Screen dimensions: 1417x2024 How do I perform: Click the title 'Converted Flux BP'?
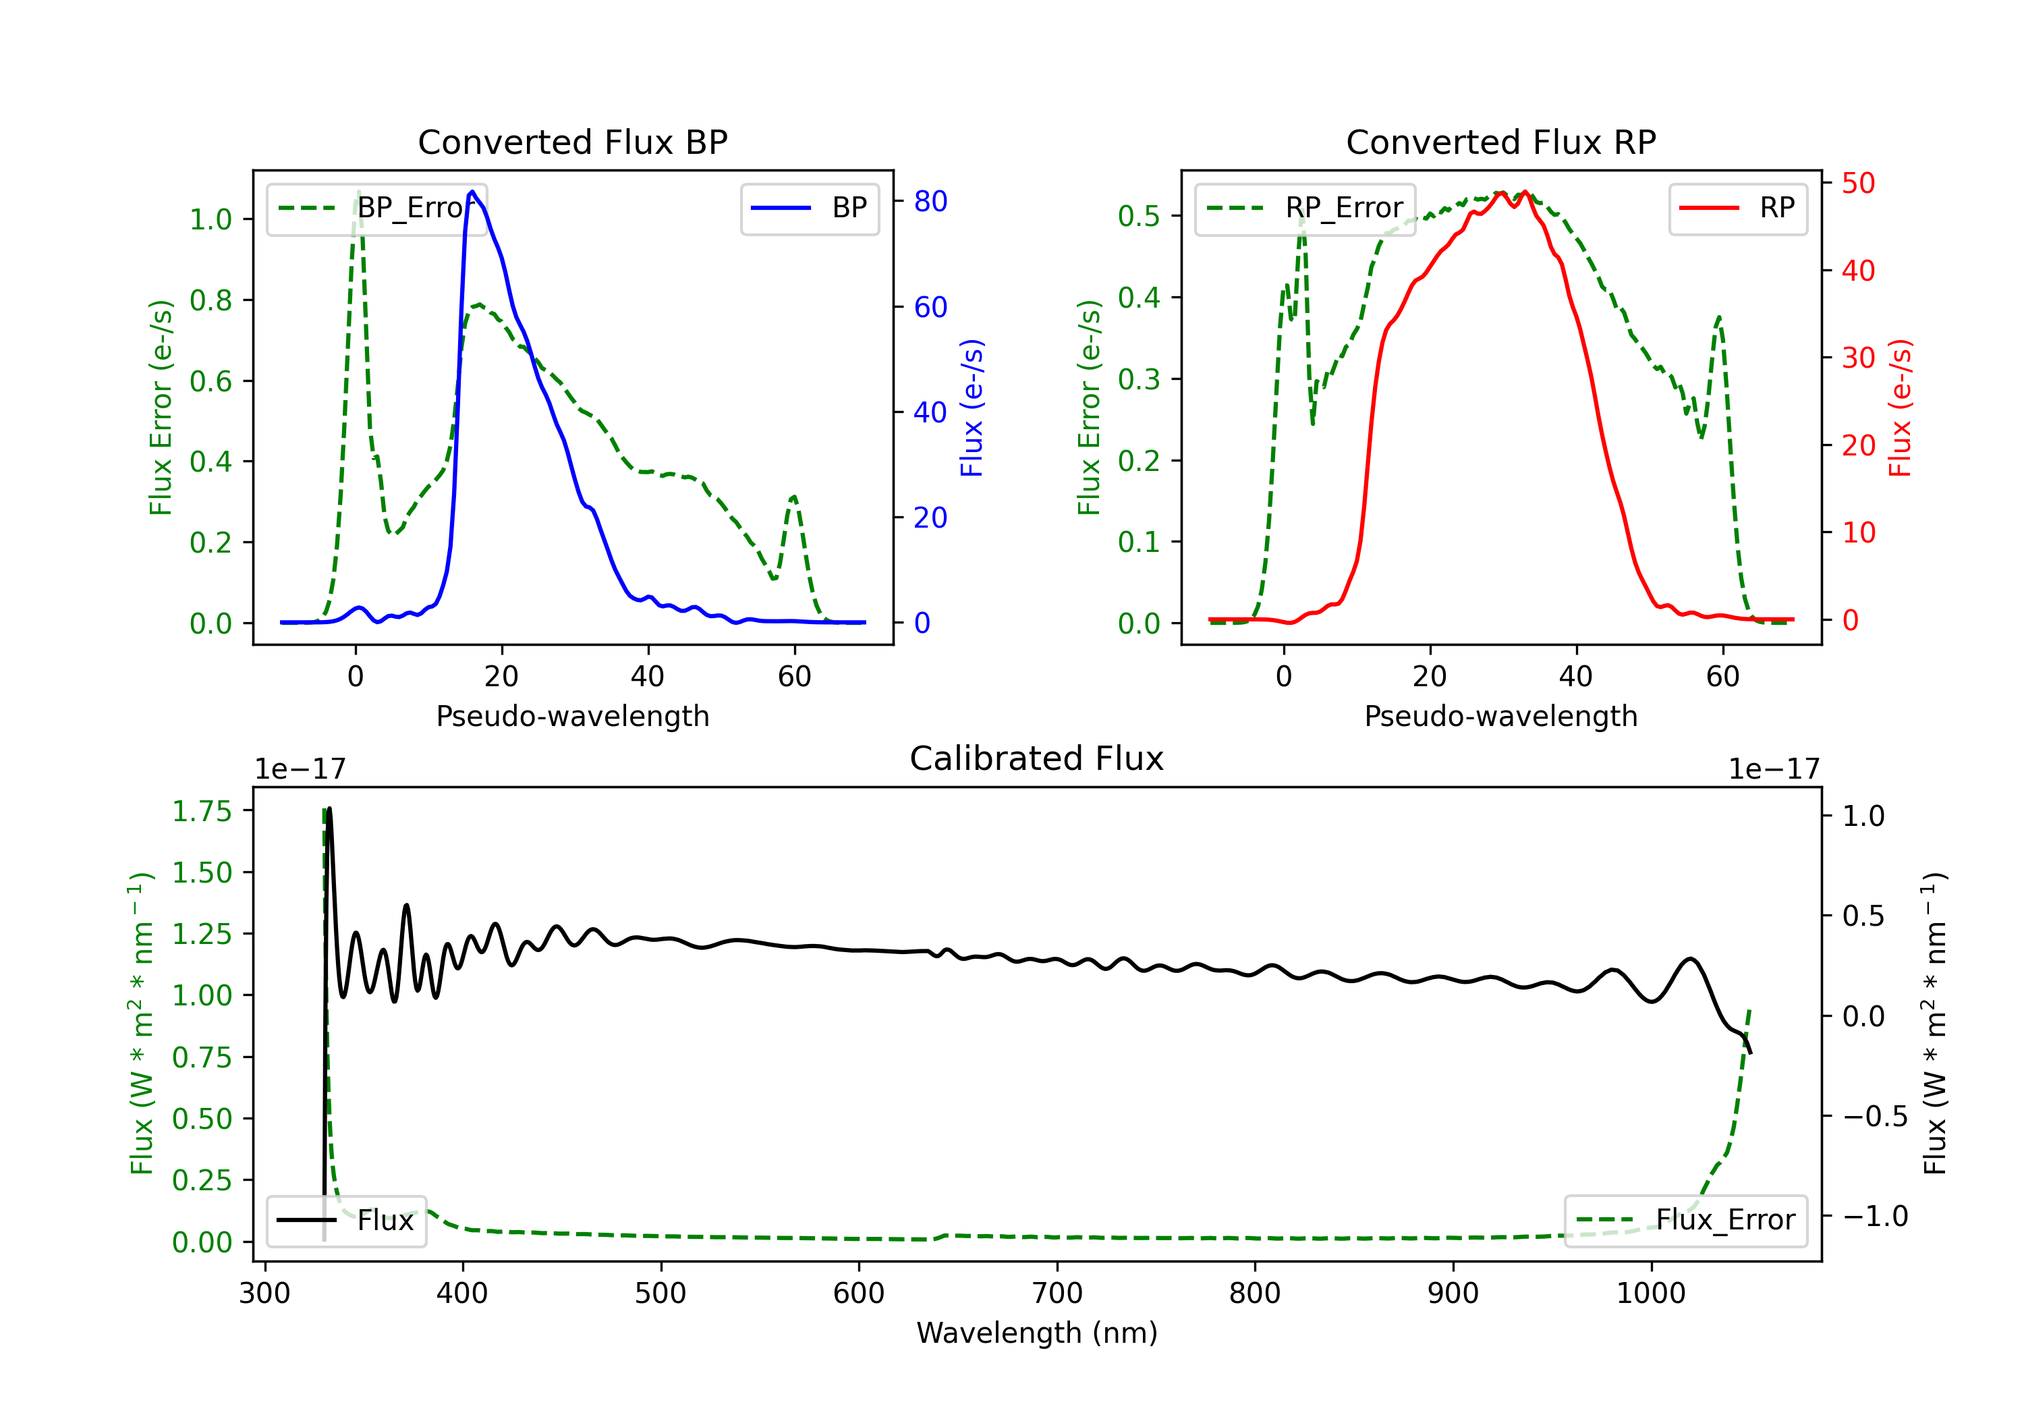pos(572,142)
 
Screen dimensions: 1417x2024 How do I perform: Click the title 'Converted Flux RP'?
pos(1500,142)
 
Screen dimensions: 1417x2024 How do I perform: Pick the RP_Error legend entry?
pos(1305,208)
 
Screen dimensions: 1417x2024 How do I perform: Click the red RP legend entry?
pos(1737,208)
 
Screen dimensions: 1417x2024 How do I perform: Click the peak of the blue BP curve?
pos(472,192)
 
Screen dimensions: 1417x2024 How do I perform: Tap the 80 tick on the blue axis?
pos(930,201)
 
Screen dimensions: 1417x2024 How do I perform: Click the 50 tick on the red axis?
pos(1857,184)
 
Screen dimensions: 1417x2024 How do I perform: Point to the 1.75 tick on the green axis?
pos(201,811)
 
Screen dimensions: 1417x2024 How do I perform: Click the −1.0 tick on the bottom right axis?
pos(1875,1216)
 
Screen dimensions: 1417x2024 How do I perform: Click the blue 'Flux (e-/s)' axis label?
pos(971,408)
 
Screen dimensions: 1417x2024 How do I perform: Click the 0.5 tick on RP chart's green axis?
pos(1138,216)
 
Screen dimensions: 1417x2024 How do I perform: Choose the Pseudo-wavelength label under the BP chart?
pos(572,716)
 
